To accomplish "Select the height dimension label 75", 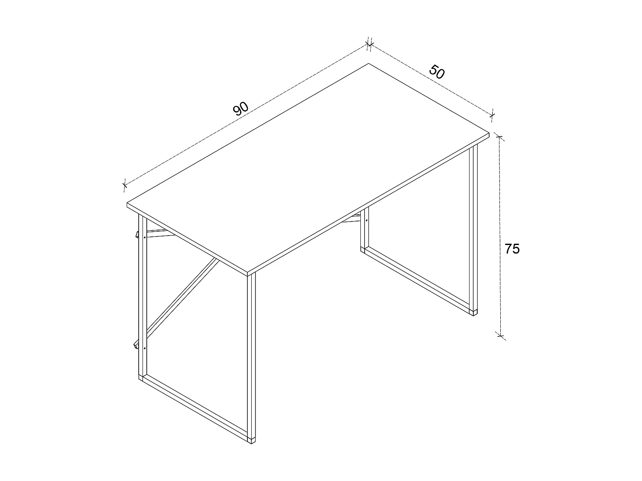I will [512, 248].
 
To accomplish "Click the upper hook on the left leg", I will [137, 234].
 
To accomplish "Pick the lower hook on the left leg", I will [136, 345].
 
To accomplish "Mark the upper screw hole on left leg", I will [145, 236].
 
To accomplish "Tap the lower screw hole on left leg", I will [145, 348].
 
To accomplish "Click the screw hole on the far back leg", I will [367, 221].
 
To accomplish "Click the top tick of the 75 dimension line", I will [499, 137].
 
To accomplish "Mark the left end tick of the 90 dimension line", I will [125, 185].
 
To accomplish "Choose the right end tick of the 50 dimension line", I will [492, 114].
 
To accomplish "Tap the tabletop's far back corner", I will [369, 64].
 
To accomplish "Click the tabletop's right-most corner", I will [488, 133].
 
